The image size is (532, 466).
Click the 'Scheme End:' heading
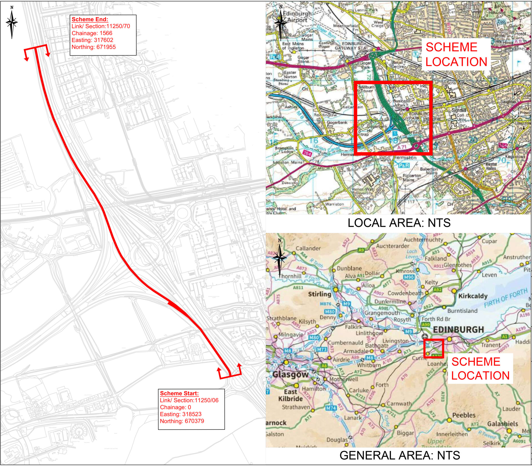click(90, 19)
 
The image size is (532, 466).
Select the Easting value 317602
click(92, 40)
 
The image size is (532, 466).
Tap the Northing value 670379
click(182, 421)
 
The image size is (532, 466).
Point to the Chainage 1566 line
click(92, 33)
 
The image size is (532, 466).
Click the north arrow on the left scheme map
click(12, 22)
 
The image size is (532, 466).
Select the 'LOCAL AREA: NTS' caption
click(399, 223)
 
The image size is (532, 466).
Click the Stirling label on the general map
click(320, 294)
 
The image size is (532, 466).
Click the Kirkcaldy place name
click(473, 296)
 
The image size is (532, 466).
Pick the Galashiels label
click(503, 424)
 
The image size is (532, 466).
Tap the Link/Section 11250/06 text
click(189, 400)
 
